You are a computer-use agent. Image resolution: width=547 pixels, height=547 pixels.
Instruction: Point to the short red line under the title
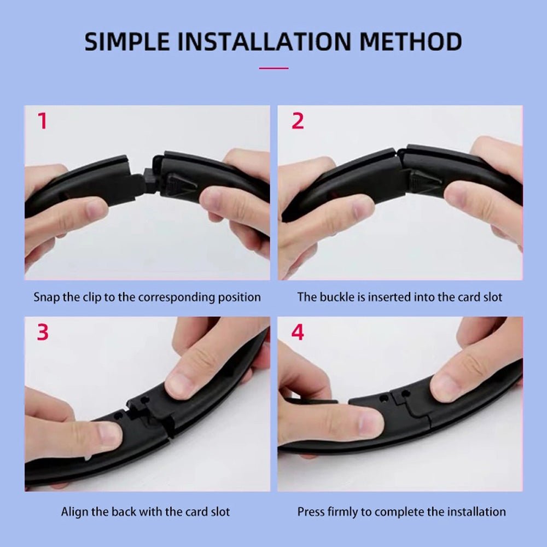[273, 68]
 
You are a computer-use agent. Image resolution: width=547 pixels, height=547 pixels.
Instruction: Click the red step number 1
[42, 121]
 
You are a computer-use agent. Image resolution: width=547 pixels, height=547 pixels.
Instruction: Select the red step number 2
[297, 121]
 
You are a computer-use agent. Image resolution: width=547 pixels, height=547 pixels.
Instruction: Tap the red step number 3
[43, 333]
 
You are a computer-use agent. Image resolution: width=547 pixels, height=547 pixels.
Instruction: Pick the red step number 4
[297, 333]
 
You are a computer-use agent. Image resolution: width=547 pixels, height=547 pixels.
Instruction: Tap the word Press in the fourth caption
[310, 513]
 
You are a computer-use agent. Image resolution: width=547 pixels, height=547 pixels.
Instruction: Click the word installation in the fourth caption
[476, 513]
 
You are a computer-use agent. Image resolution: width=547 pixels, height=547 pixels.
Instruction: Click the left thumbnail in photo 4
[369, 423]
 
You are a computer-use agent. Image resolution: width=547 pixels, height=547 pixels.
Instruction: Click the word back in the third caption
[124, 513]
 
